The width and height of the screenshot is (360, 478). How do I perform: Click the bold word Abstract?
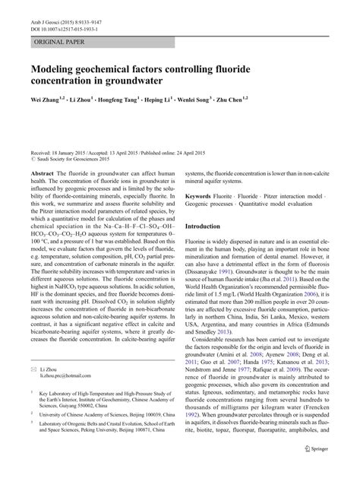(x=41, y=173)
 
